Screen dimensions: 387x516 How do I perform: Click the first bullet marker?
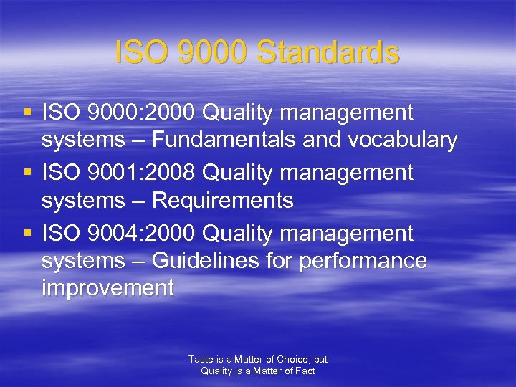coord(27,113)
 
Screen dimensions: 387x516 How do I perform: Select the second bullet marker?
coord(27,173)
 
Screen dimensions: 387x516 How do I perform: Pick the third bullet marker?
coord(27,234)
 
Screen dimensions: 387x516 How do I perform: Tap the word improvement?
coord(107,288)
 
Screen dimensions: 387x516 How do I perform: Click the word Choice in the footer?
coord(290,359)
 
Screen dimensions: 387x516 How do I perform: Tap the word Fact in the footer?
coord(305,371)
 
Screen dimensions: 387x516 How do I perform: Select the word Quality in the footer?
coord(216,371)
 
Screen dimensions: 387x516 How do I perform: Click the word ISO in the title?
coord(140,52)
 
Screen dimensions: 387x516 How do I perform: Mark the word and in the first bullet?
coord(322,140)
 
